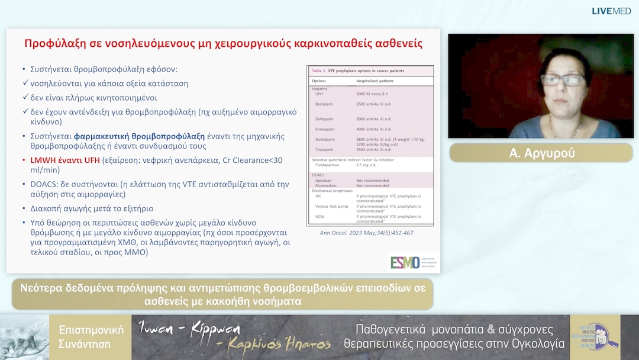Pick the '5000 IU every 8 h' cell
point(376,94)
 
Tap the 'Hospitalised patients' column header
point(375,81)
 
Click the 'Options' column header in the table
point(319,81)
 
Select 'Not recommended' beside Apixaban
point(372,181)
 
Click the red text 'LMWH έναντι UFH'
point(64,160)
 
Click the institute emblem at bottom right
point(595,337)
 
